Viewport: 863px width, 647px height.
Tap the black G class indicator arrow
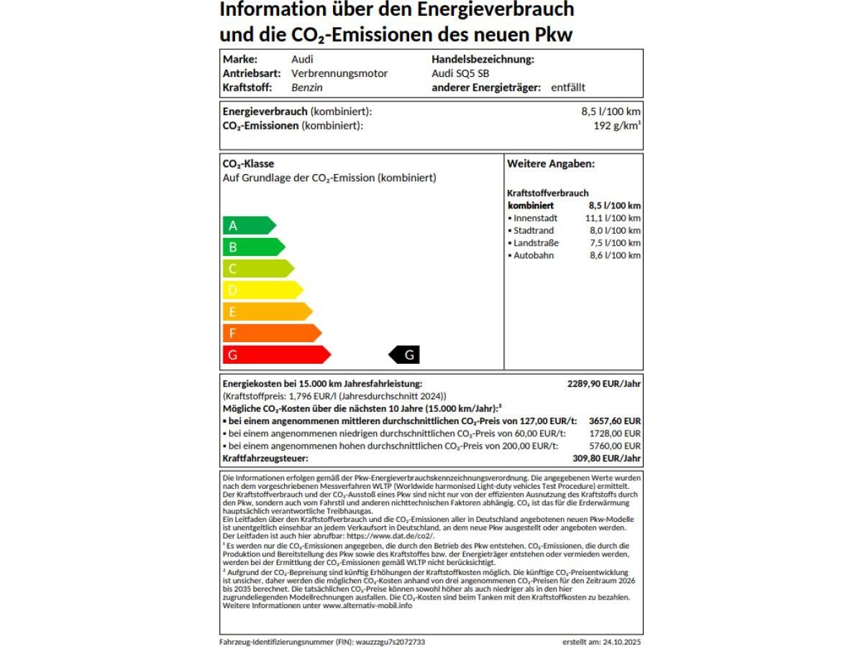404,354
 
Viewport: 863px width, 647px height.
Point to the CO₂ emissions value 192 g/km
612,126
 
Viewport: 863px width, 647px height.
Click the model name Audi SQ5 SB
460,73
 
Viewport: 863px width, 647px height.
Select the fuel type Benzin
307,88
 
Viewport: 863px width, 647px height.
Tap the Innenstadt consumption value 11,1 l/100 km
613,218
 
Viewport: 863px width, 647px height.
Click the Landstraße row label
535,243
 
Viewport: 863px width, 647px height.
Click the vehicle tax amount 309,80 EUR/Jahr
607,458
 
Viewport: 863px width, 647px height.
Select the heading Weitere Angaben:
551,164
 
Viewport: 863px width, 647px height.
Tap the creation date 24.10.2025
623,641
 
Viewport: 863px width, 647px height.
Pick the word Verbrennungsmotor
339,73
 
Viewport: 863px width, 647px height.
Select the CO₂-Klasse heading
248,164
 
